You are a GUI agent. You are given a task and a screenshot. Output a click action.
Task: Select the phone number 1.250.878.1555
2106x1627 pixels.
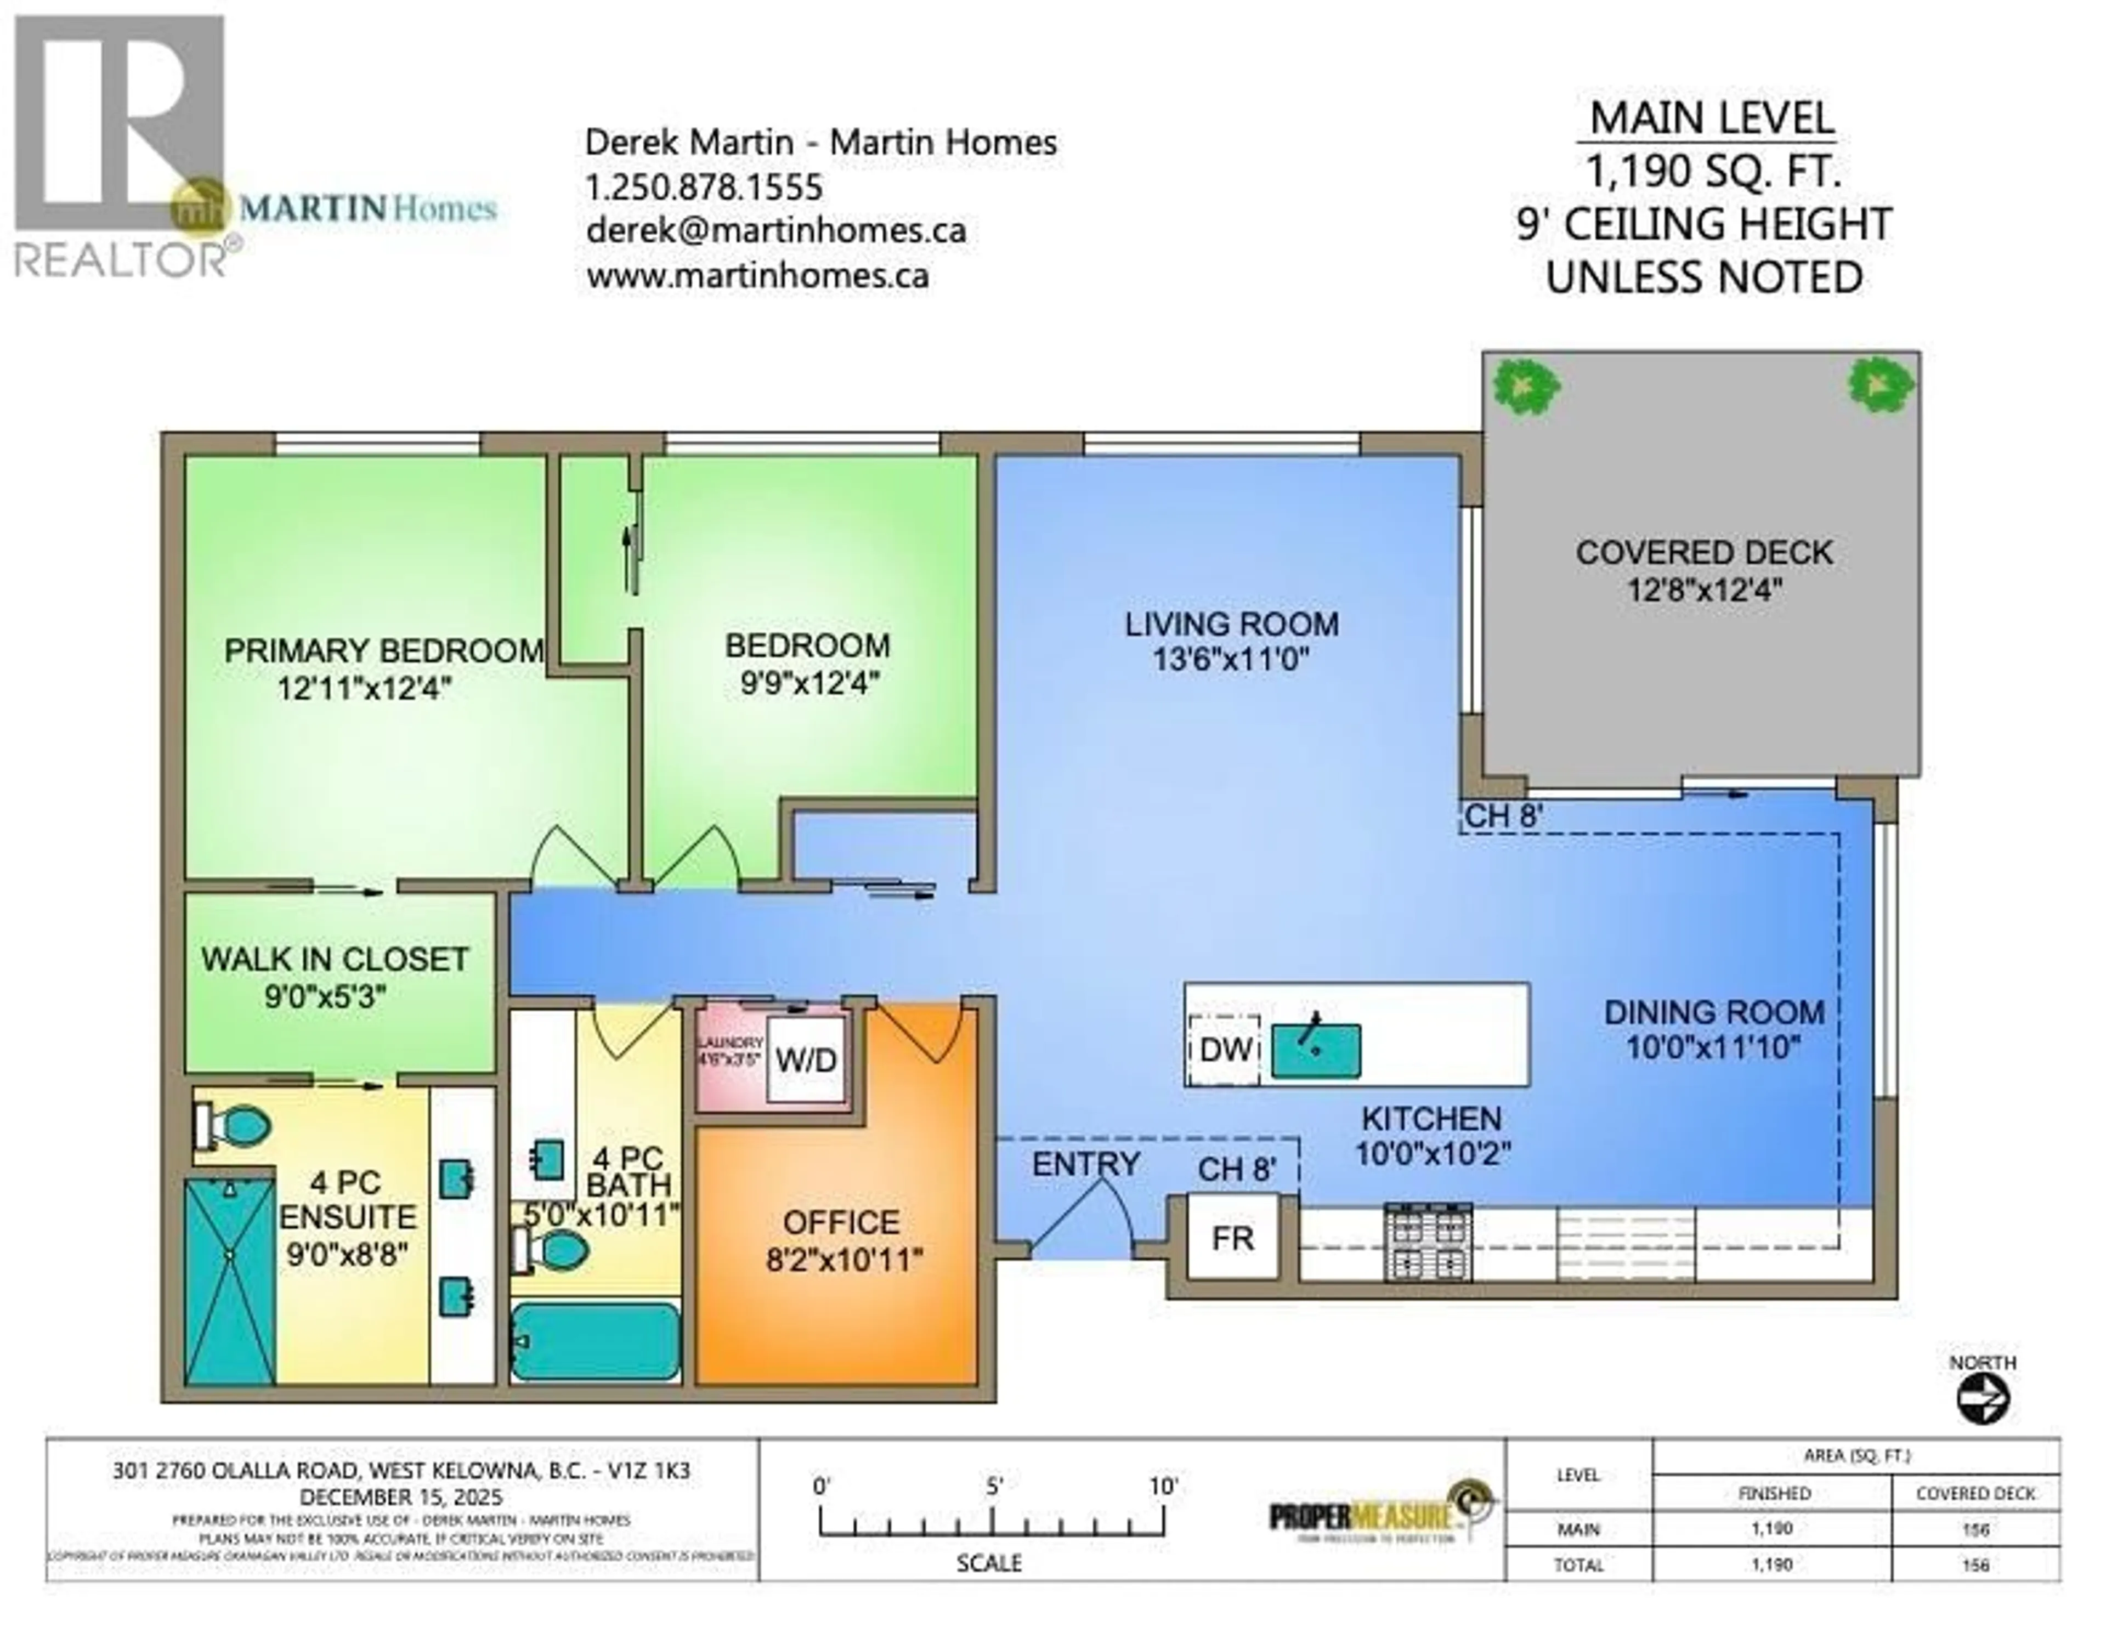704,186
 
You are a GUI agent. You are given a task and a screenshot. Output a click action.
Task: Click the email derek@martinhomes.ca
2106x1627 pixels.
776,230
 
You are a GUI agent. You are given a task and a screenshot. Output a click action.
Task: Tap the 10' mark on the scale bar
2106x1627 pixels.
1163,1486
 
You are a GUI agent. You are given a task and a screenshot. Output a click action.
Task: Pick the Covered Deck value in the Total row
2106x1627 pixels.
1975,1564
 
